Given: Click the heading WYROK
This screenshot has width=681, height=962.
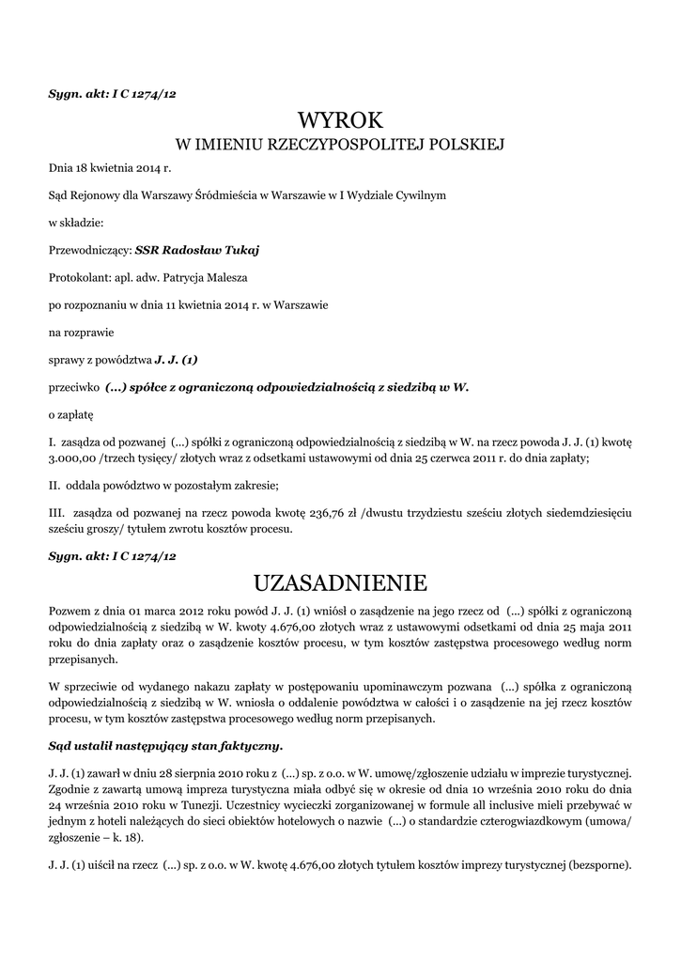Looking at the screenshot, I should pos(340,120).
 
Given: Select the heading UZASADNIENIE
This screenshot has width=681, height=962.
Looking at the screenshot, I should pos(340,582).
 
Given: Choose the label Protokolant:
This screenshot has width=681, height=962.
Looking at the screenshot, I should pos(80,277).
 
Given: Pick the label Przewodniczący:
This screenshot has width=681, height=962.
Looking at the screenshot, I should pos(89,250).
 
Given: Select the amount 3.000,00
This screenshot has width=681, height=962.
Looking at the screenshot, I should pos(72,458).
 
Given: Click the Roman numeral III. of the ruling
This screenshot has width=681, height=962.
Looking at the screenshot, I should pos(56,512).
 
